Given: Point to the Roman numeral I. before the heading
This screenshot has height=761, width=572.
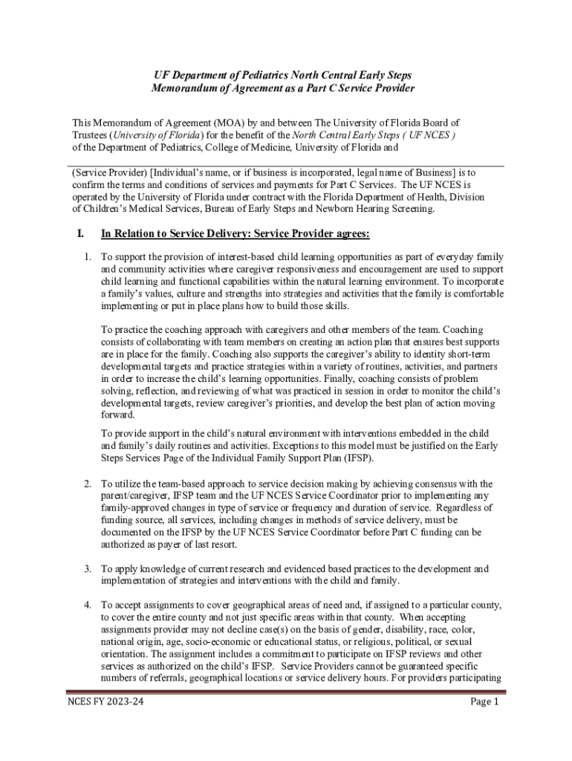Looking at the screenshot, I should (x=80, y=234).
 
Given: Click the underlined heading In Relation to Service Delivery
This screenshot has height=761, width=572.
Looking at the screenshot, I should (x=235, y=234).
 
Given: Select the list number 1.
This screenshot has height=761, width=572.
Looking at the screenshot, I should (x=87, y=257).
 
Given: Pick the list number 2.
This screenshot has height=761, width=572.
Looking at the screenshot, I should (x=87, y=484).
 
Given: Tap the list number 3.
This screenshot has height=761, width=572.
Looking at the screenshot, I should (x=87, y=569).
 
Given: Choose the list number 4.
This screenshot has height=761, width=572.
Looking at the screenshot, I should (x=87, y=606).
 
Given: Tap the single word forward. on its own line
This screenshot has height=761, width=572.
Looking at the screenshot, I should (x=118, y=415).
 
